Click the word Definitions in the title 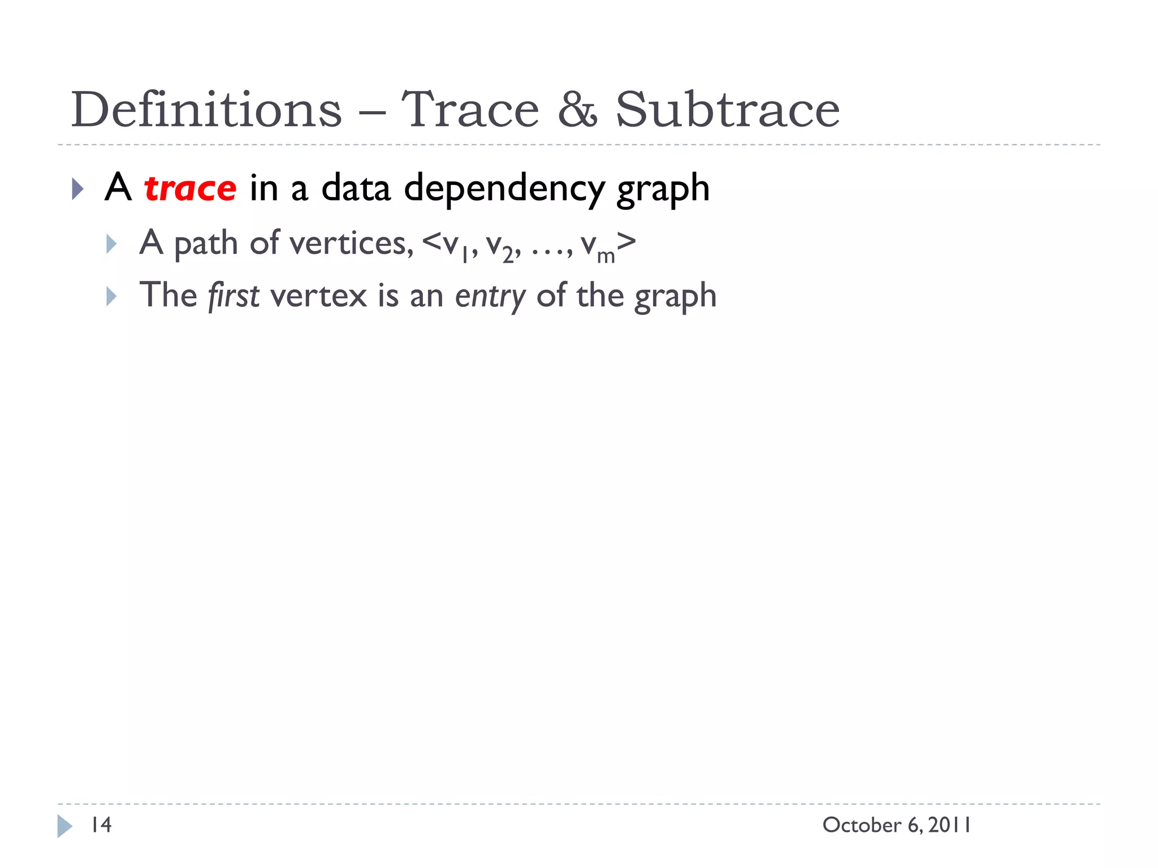tap(206, 110)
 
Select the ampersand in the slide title tap(577, 110)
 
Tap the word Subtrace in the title tap(727, 110)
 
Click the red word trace tap(190, 188)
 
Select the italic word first tap(234, 296)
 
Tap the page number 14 tap(102, 825)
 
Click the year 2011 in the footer tap(950, 825)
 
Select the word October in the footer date tap(862, 825)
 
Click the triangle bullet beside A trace tap(78, 189)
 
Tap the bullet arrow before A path tap(111, 244)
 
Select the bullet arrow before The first tap(111, 296)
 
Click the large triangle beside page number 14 tap(64, 826)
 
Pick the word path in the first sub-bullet tap(206, 244)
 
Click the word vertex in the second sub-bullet tap(319, 296)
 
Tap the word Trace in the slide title tap(470, 110)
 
